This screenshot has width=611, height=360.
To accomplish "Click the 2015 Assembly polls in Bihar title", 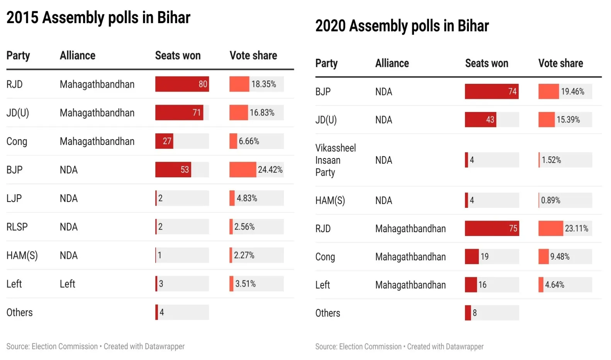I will [98, 18].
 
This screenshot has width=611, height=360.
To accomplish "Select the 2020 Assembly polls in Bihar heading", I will [402, 26].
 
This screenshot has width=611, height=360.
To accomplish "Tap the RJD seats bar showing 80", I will [182, 84].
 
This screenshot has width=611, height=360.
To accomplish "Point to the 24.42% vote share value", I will [270, 170].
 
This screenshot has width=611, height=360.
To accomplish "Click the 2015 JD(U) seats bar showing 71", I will [179, 113].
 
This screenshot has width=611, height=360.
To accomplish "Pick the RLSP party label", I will [17, 227].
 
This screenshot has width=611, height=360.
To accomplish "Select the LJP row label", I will [14, 198].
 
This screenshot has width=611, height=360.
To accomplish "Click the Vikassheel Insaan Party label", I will [335, 160].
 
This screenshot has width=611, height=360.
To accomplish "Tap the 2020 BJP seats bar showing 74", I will [491, 92].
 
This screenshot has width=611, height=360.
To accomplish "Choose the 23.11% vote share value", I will [576, 228].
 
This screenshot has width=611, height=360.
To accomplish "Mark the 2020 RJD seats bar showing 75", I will [492, 228].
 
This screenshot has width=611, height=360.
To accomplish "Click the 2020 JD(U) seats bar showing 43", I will [480, 120].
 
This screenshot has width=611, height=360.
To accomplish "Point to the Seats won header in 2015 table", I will [178, 56].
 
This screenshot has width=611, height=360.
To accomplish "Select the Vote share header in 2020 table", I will [560, 63].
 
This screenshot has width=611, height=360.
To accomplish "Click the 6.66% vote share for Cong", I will [249, 141].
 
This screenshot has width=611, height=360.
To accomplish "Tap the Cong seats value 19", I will [484, 256].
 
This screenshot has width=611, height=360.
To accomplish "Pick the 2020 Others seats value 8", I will [475, 313].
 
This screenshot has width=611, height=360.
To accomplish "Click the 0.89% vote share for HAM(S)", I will [550, 200].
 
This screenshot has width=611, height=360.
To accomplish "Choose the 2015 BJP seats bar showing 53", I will [173, 170].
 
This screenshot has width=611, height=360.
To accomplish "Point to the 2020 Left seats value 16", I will [482, 285].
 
